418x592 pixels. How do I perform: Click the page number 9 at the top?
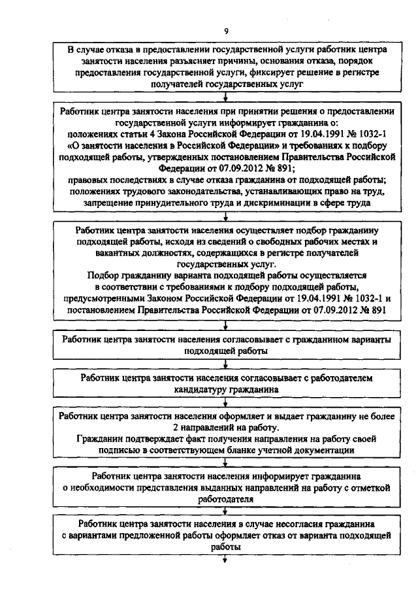pos(225,31)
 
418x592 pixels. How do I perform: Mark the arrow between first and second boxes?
pos(225,98)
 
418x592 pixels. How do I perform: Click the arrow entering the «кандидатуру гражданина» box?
pos(225,367)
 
